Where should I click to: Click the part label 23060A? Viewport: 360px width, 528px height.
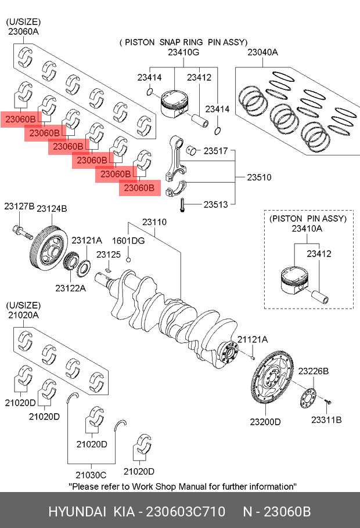(22, 32)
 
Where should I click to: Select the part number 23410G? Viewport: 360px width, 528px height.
(183, 53)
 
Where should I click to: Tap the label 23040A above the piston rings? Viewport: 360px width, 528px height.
(262, 53)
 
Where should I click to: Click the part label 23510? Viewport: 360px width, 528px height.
(259, 177)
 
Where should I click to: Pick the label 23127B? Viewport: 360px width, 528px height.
(19, 207)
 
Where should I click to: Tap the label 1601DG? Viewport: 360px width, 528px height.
(128, 240)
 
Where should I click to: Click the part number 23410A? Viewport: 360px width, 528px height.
(307, 229)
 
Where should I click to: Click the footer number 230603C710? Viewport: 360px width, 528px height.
(185, 512)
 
